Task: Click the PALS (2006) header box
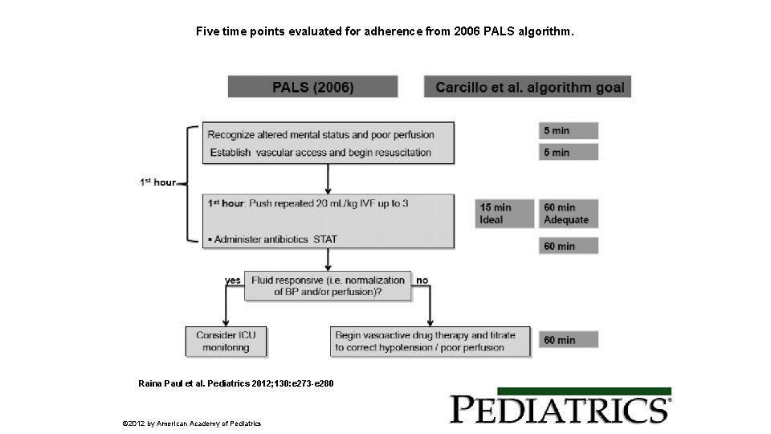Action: pyautogui.click(x=312, y=87)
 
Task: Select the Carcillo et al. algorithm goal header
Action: pyautogui.click(x=528, y=87)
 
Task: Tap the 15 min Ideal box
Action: pyautogui.click(x=505, y=213)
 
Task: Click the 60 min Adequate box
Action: pyautogui.click(x=568, y=213)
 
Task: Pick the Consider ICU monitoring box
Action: pyautogui.click(x=226, y=341)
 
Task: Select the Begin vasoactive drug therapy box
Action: pyautogui.click(x=430, y=341)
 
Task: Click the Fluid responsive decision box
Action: pyautogui.click(x=328, y=286)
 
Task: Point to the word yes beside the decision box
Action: pyautogui.click(x=232, y=280)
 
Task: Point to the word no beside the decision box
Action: pyautogui.click(x=422, y=280)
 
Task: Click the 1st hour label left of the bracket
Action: pyautogui.click(x=157, y=182)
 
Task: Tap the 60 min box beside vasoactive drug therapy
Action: pyautogui.click(x=568, y=340)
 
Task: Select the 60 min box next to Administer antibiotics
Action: pyautogui.click(x=568, y=246)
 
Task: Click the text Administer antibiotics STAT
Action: pyautogui.click(x=275, y=239)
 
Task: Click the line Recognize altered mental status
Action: pyautogui.click(x=320, y=134)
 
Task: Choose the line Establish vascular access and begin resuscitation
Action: pyautogui.click(x=320, y=152)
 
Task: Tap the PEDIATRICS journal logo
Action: pyautogui.click(x=560, y=409)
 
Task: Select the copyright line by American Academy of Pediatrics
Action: pyautogui.click(x=191, y=423)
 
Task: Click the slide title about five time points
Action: pyautogui.click(x=385, y=33)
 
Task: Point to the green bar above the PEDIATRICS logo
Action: pyautogui.click(x=560, y=391)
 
